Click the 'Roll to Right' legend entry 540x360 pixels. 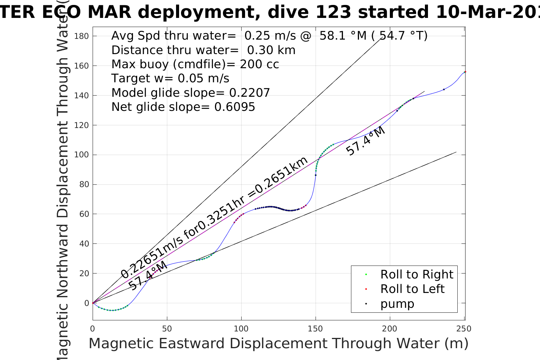(x=417, y=274)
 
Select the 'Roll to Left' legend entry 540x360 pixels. (x=412, y=289)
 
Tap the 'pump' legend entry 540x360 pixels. (x=397, y=304)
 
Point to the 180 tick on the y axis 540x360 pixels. (x=81, y=36)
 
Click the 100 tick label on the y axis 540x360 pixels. (x=81, y=155)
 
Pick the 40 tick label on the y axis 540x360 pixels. (x=83, y=244)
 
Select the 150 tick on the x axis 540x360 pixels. (x=316, y=328)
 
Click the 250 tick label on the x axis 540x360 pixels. (x=464, y=328)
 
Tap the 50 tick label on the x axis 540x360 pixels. (x=167, y=328)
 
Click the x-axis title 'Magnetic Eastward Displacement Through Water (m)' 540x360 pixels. (x=278, y=343)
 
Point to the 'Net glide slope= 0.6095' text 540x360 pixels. (x=183, y=107)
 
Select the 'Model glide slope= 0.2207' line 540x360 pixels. (x=191, y=93)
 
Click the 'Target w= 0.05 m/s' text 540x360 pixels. (x=170, y=78)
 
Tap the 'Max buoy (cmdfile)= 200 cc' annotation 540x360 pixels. (x=195, y=64)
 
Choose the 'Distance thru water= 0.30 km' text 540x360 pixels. (x=203, y=50)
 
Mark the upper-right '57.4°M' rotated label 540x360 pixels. (x=365, y=141)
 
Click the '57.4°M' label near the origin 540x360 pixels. (x=147, y=276)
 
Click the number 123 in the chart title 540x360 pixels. (x=333, y=12)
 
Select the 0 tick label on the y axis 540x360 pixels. (x=87, y=303)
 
